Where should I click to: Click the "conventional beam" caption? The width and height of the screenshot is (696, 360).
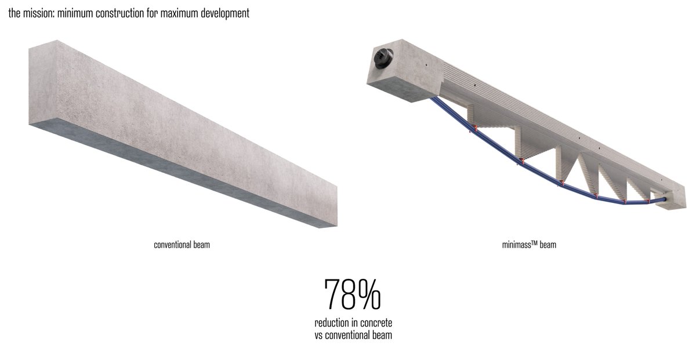pos(182,245)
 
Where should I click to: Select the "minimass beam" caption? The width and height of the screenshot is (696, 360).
pos(528,245)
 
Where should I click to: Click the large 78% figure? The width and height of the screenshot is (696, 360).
pos(352,294)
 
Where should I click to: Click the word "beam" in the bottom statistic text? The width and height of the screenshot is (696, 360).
pos(382,335)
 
